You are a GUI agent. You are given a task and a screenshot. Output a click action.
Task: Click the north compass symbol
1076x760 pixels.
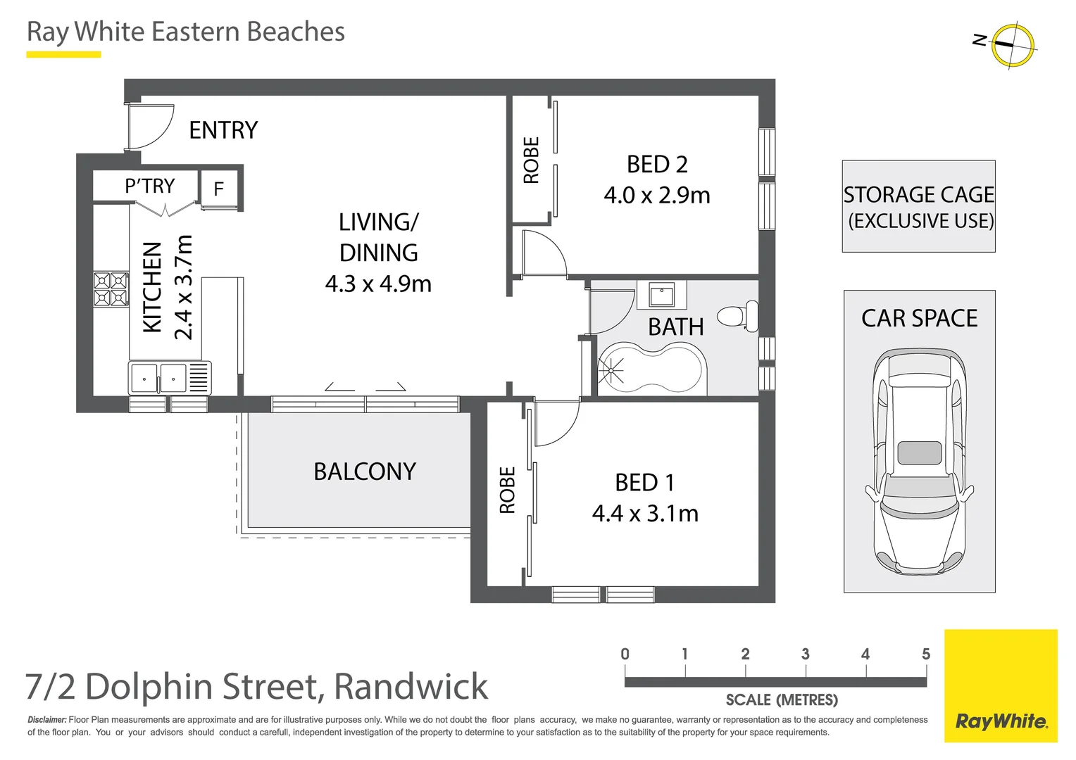[1012, 45]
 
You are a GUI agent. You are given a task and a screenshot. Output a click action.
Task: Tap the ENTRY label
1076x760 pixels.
[223, 130]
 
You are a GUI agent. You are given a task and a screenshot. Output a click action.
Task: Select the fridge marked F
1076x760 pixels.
[218, 189]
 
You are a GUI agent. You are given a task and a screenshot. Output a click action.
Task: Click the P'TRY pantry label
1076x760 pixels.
[149, 186]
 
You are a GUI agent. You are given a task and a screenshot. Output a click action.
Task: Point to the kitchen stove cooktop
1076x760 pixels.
[111, 289]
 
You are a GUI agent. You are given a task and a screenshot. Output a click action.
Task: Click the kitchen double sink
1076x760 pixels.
[158, 379]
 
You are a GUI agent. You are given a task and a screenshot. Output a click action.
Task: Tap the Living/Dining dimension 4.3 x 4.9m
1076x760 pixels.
[378, 284]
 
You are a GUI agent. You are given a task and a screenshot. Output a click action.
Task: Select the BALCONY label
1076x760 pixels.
[365, 471]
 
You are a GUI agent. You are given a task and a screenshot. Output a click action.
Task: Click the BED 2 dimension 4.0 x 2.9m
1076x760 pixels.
[656, 195]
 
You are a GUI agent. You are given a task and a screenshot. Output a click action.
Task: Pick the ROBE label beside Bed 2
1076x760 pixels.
[531, 160]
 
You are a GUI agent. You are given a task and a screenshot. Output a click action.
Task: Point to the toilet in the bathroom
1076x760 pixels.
[739, 316]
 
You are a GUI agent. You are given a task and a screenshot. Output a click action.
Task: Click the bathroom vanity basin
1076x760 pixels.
[661, 295]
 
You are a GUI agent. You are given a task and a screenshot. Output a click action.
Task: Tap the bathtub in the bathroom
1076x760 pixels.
[651, 368]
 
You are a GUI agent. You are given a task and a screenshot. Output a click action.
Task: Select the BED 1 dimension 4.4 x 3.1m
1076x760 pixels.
[645, 514]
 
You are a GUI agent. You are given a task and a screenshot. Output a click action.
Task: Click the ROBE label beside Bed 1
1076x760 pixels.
[507, 490]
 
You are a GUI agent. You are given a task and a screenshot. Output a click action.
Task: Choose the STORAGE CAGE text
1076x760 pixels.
[918, 195]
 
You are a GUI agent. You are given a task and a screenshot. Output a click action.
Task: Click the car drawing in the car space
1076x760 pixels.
[919, 461]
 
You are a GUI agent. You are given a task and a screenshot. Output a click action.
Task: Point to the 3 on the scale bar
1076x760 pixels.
[805, 654]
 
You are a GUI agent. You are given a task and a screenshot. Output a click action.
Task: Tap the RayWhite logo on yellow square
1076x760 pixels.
[1001, 721]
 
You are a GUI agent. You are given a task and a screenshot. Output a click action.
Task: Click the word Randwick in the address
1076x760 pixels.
[411, 687]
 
